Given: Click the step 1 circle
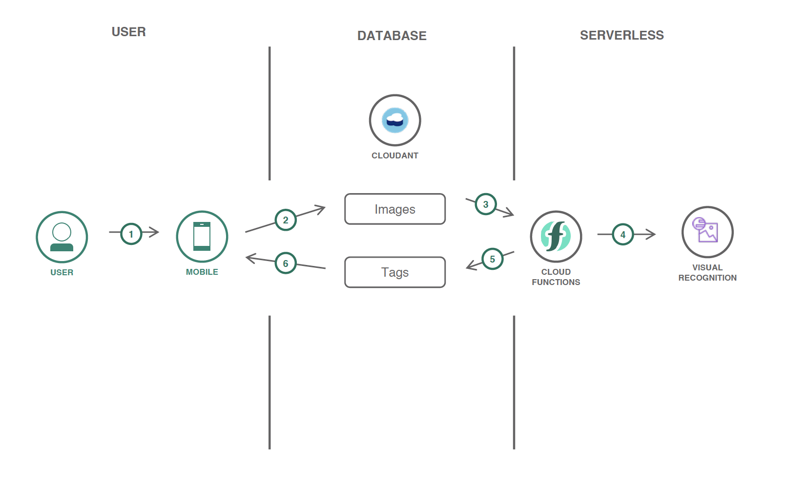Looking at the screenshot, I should [x=131, y=234].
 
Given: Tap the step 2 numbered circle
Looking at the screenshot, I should [x=286, y=220].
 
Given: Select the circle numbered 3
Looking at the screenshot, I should [x=486, y=204].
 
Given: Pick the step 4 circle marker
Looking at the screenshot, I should [x=623, y=235].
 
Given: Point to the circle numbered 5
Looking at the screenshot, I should [x=493, y=259].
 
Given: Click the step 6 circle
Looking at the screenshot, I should [x=286, y=264].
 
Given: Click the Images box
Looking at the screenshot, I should [x=395, y=209].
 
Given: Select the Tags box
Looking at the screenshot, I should [x=395, y=272].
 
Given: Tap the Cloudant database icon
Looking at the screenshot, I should [x=395, y=120].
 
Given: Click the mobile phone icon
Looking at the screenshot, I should [x=202, y=237].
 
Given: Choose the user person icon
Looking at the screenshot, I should [x=62, y=237].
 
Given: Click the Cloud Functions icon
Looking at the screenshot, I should [x=556, y=237].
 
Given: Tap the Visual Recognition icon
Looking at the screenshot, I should [x=707, y=232].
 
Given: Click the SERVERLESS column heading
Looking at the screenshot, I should [x=621, y=35].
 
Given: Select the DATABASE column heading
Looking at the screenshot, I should [x=392, y=36].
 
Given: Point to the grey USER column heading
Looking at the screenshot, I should [x=129, y=32].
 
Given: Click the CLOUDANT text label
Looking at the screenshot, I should [x=395, y=155].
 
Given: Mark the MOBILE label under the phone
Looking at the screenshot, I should [x=202, y=272].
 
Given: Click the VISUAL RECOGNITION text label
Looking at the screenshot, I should [x=707, y=273].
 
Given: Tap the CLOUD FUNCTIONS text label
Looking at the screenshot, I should [x=556, y=277].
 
